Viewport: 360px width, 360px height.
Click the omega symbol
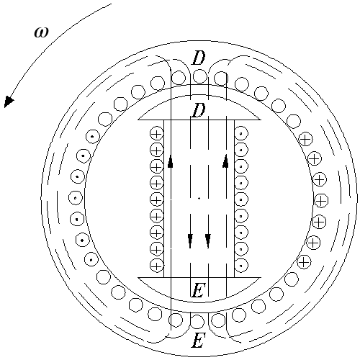coord(41,32)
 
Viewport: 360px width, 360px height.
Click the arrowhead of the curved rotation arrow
coord(9,102)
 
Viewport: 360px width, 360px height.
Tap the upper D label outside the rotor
coord(199,58)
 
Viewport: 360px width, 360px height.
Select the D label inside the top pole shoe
coord(199,111)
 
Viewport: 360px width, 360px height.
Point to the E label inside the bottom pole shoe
coord(199,290)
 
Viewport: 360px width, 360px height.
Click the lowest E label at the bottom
coord(199,341)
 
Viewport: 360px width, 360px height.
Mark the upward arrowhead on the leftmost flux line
coord(171,161)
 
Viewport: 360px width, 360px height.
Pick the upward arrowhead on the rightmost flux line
coord(225,161)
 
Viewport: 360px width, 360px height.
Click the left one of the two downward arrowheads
coord(190,240)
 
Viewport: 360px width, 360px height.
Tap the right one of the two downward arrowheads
coord(208,240)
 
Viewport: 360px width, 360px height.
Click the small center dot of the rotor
coord(199,199)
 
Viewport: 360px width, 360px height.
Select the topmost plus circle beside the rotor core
coord(156,134)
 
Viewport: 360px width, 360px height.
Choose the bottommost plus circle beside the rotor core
coord(156,266)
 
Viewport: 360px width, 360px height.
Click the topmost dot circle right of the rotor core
coord(241,134)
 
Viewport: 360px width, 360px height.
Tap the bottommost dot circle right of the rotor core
coord(241,266)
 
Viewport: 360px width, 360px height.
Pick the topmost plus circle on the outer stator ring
coord(305,140)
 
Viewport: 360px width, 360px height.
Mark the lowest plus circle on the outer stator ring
coord(304,261)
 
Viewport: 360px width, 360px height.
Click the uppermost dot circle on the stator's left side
coord(93,136)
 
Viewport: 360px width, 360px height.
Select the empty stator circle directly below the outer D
coord(199,76)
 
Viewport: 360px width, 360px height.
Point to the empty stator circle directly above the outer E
coord(197,322)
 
